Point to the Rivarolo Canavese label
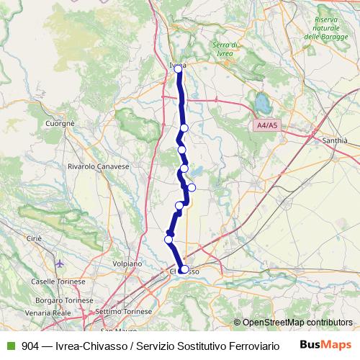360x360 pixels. tap(97, 166)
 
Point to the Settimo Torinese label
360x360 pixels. tap(124, 311)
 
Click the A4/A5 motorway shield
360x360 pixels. tap(266, 126)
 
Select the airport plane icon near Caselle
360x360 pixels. tap(59, 263)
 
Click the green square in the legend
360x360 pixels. tap(9, 345)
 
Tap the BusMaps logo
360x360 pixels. tap(326, 344)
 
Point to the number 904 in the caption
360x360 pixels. tap(30, 345)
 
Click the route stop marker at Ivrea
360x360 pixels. tap(179, 68)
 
